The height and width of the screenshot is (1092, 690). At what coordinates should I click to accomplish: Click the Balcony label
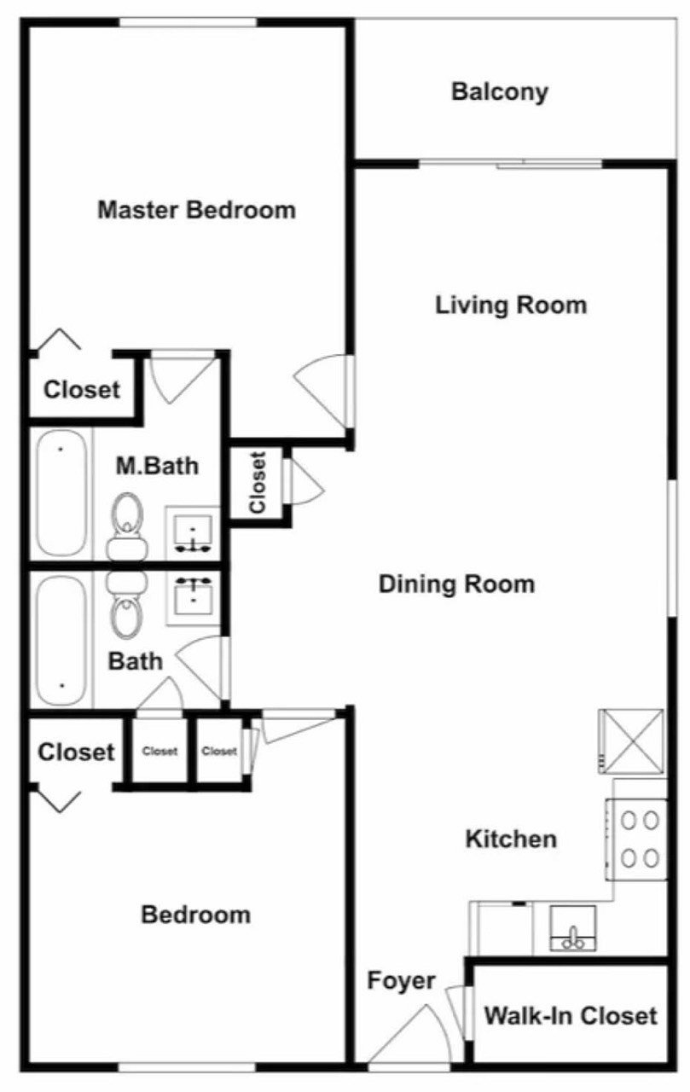[x=500, y=92]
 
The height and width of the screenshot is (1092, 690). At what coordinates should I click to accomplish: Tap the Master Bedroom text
[x=197, y=210]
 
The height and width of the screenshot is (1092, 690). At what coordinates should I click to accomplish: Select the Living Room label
[x=511, y=305]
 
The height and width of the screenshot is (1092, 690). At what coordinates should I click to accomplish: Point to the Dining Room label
[x=456, y=584]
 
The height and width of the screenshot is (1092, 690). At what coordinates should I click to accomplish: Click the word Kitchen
[x=511, y=839]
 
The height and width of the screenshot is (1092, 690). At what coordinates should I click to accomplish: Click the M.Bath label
[x=157, y=466]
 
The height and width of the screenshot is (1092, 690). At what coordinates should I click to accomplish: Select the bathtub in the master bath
[x=62, y=492]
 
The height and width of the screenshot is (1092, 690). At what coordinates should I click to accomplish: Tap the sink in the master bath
[x=193, y=533]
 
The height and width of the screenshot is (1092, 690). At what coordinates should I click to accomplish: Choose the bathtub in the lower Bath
[x=62, y=641]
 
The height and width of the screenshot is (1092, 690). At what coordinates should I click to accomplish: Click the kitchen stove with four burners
[x=636, y=839]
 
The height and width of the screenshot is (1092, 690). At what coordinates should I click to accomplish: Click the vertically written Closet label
[x=258, y=483]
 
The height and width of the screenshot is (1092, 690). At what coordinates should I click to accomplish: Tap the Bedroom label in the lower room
[x=196, y=915]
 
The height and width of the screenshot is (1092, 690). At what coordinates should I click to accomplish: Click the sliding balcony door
[x=511, y=165]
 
